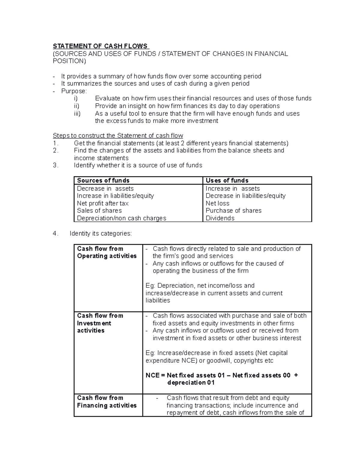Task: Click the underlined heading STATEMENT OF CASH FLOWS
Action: click(x=100, y=46)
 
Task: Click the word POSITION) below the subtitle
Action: click(x=69, y=61)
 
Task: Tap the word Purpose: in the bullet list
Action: click(x=74, y=91)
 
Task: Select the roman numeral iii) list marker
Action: click(x=77, y=113)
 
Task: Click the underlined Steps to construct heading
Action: click(x=118, y=136)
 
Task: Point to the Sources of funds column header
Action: click(x=103, y=180)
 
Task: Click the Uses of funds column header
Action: click(x=227, y=180)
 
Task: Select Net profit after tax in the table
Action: click(x=103, y=203)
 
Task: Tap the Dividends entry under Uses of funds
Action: click(x=220, y=218)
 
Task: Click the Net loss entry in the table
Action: click(x=217, y=203)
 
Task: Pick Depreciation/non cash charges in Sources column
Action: click(x=121, y=218)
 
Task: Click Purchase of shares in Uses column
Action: click(x=233, y=211)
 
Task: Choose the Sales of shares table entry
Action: click(x=99, y=211)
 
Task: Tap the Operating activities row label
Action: click(x=107, y=256)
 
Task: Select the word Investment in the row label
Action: click(x=94, y=323)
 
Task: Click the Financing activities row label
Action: click(x=107, y=405)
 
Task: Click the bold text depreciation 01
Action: click(x=191, y=383)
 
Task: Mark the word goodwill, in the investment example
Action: click(x=219, y=361)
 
